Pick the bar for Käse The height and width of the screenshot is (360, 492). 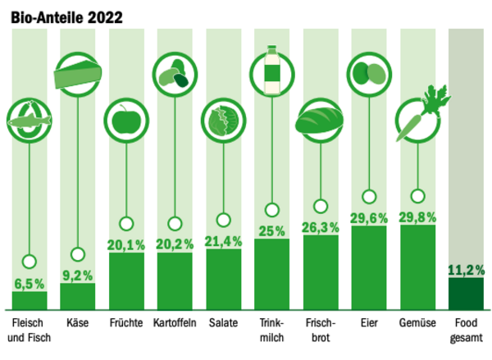(x=78, y=296)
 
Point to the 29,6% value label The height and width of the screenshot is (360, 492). (x=369, y=217)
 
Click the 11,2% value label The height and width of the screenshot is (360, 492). (x=467, y=269)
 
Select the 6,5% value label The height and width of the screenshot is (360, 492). (x=30, y=284)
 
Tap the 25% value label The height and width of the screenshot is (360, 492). (x=272, y=230)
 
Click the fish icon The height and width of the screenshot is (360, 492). (x=30, y=122)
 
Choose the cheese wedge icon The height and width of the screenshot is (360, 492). (x=78, y=74)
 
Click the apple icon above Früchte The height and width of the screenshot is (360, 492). (x=126, y=122)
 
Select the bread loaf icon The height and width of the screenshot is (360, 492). (x=321, y=122)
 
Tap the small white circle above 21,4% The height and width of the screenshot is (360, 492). (x=224, y=220)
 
